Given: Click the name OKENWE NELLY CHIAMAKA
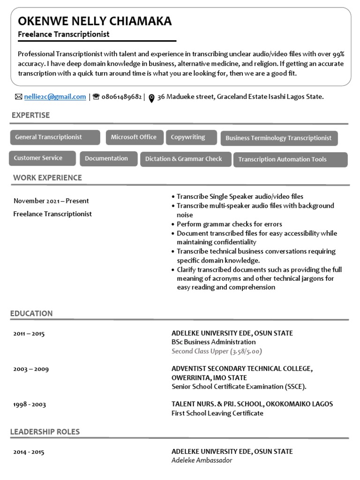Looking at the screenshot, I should (95, 21).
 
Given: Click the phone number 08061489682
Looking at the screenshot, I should (121, 97).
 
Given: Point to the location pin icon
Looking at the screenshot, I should (151, 98).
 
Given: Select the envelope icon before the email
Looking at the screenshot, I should (18, 97).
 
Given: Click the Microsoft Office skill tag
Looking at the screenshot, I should (134, 137).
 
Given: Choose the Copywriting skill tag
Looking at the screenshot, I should (188, 137).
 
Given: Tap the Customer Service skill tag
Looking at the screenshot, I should (38, 158).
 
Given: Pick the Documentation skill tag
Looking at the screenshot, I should (106, 158).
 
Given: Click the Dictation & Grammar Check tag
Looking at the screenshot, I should (184, 159).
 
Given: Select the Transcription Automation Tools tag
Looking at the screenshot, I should (282, 159).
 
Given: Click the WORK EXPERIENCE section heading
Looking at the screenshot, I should (47, 178).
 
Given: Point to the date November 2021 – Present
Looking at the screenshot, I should (51, 201).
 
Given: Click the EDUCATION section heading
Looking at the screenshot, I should (31, 314).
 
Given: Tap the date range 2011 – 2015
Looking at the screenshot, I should (29, 334).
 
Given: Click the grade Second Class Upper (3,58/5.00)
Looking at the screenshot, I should (217, 351).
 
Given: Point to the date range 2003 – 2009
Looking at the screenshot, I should (31, 369).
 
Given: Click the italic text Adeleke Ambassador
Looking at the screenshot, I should (202, 460).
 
